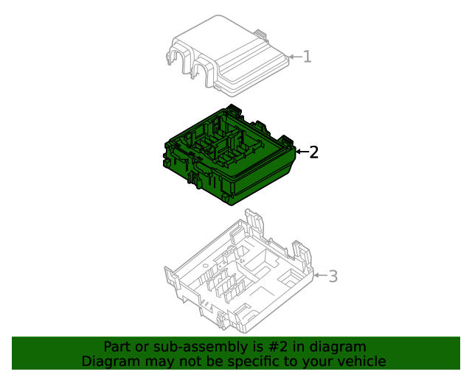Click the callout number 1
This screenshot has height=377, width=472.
pos(307,57)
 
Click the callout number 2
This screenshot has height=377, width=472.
pos(313,152)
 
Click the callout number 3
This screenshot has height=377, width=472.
pos(333,276)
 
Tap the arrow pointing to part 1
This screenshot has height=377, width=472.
pos(295,57)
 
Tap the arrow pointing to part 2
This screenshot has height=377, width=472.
pos(302,152)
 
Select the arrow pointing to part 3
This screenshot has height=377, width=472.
pos(321,275)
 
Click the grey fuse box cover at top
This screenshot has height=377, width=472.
pos(227,56)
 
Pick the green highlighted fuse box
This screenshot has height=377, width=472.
pos(229,155)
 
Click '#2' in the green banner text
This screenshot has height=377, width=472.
pos(277,347)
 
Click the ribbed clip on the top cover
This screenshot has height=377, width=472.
pos(261,34)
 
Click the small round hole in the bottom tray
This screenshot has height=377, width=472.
pos(206,266)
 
